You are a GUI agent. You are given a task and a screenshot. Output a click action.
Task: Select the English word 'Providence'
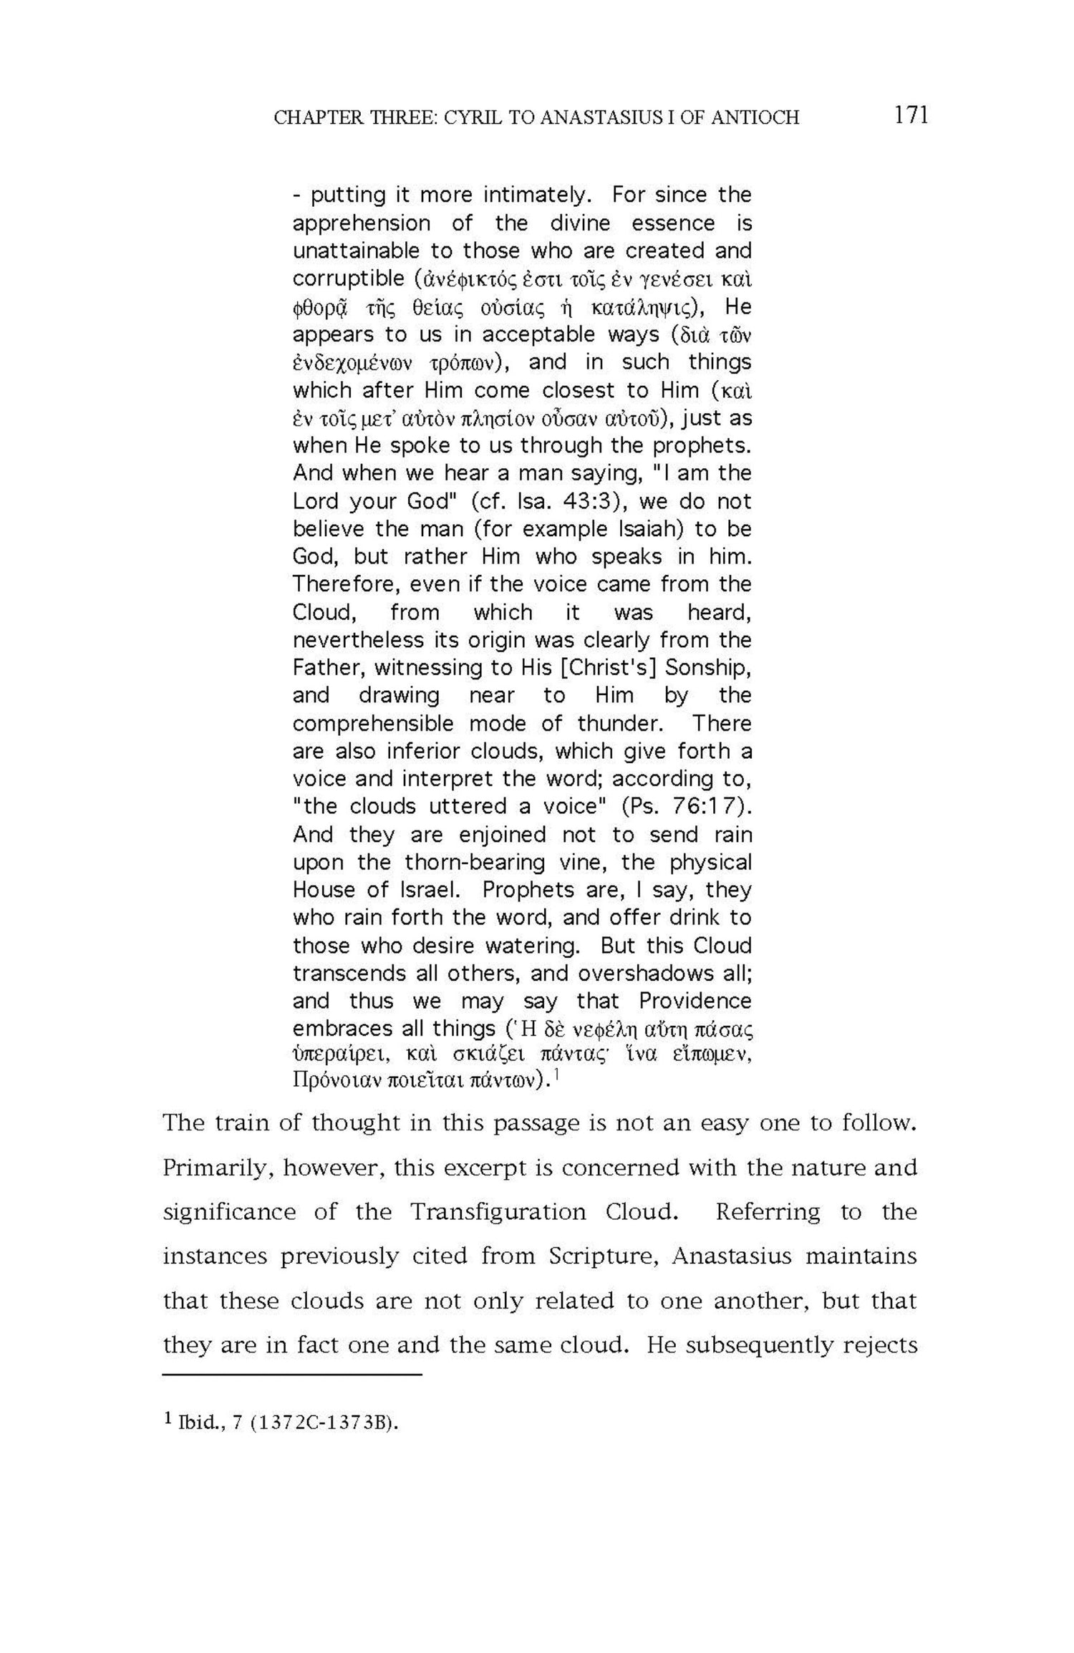pos(695,1001)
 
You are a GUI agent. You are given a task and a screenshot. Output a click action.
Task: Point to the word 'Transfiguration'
pos(498,1212)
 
